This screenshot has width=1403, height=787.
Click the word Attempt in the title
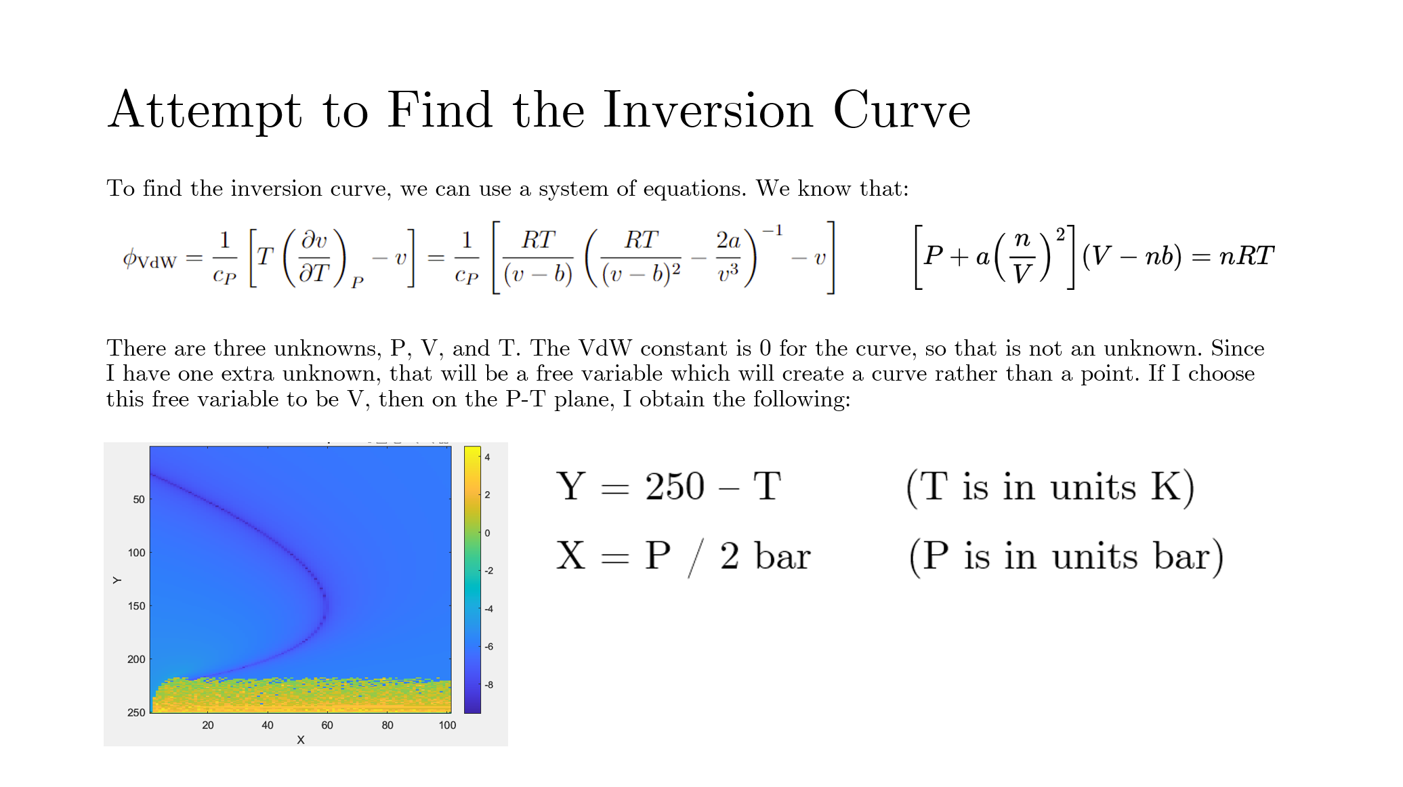click(205, 110)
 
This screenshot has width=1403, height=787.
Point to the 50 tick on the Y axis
click(139, 500)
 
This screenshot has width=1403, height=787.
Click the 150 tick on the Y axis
click(136, 606)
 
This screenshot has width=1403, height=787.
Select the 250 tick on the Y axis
click(136, 712)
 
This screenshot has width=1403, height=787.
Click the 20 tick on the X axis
click(208, 725)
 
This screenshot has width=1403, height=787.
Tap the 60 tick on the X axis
click(327, 725)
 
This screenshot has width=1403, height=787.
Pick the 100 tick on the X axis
click(447, 725)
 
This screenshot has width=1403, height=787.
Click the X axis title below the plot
click(301, 740)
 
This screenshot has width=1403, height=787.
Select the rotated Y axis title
click(117, 580)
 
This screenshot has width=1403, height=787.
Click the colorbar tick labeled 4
click(487, 457)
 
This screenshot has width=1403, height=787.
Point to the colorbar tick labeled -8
click(488, 685)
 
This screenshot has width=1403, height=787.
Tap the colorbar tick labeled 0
click(487, 533)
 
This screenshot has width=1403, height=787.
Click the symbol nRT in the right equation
click(1247, 255)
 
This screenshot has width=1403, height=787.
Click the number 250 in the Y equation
click(675, 487)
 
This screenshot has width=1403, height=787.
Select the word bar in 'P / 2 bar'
click(782, 556)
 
